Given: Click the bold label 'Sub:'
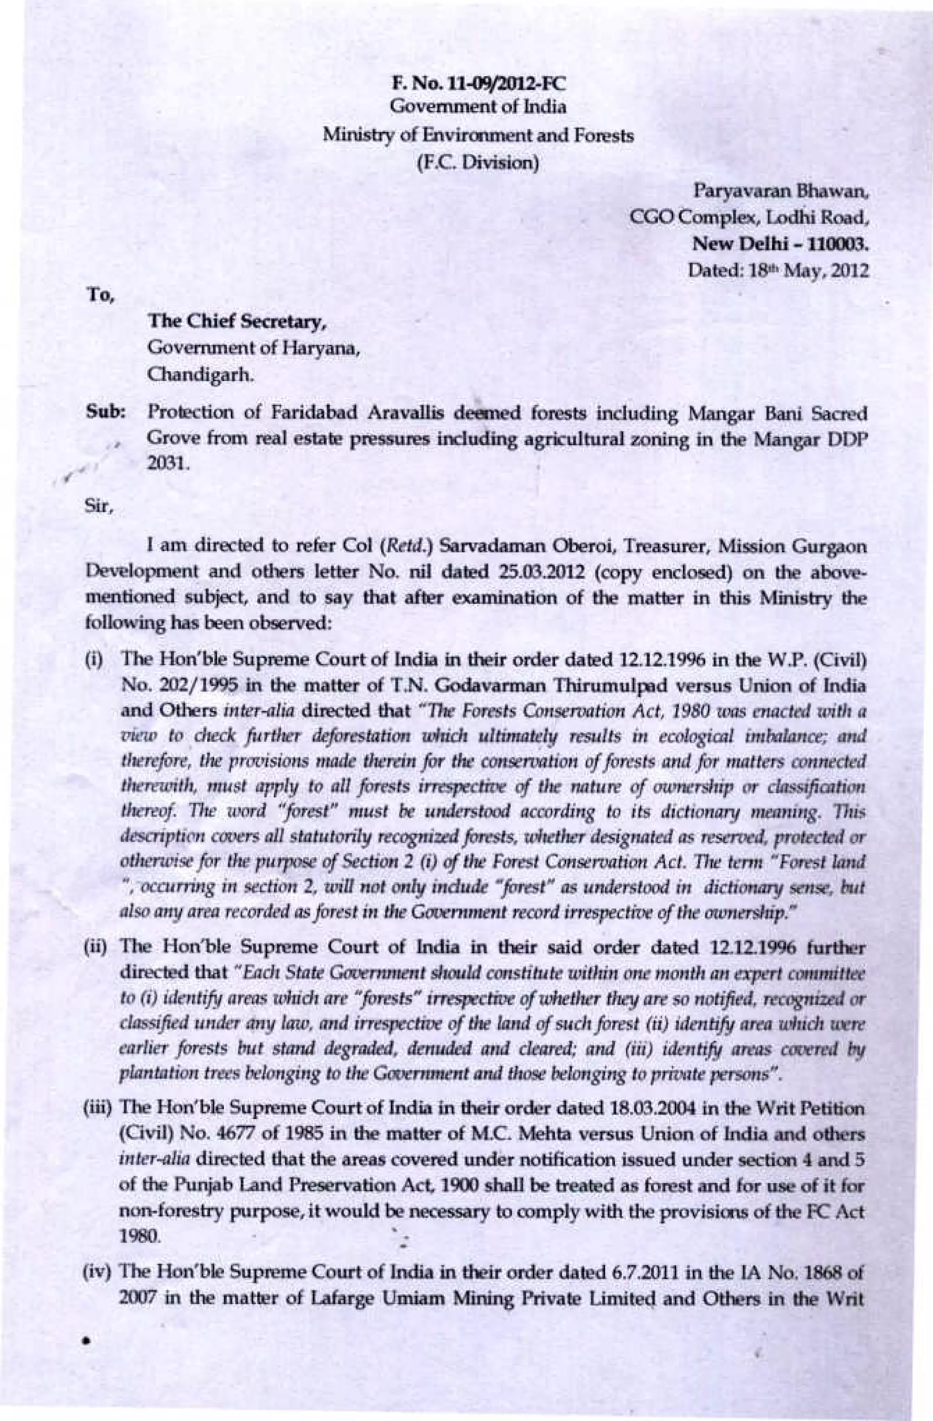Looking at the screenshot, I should [x=108, y=413].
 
